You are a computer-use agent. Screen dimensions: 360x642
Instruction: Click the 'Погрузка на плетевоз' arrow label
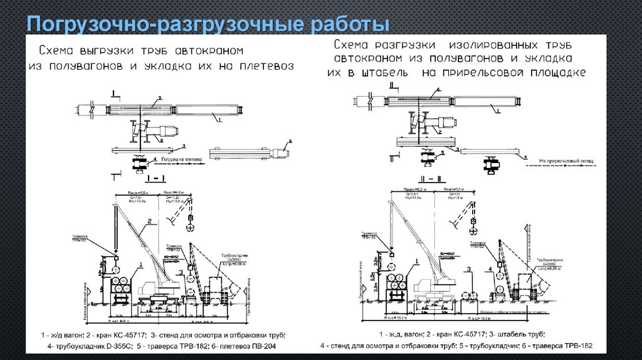[181, 160]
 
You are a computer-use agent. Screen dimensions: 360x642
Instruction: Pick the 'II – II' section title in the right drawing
[426, 179]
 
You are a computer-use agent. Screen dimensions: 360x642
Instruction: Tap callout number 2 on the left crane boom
[149, 221]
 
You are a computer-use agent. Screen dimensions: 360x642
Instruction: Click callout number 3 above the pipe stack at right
[468, 270]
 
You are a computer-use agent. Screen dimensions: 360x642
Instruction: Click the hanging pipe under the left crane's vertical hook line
[116, 268]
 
